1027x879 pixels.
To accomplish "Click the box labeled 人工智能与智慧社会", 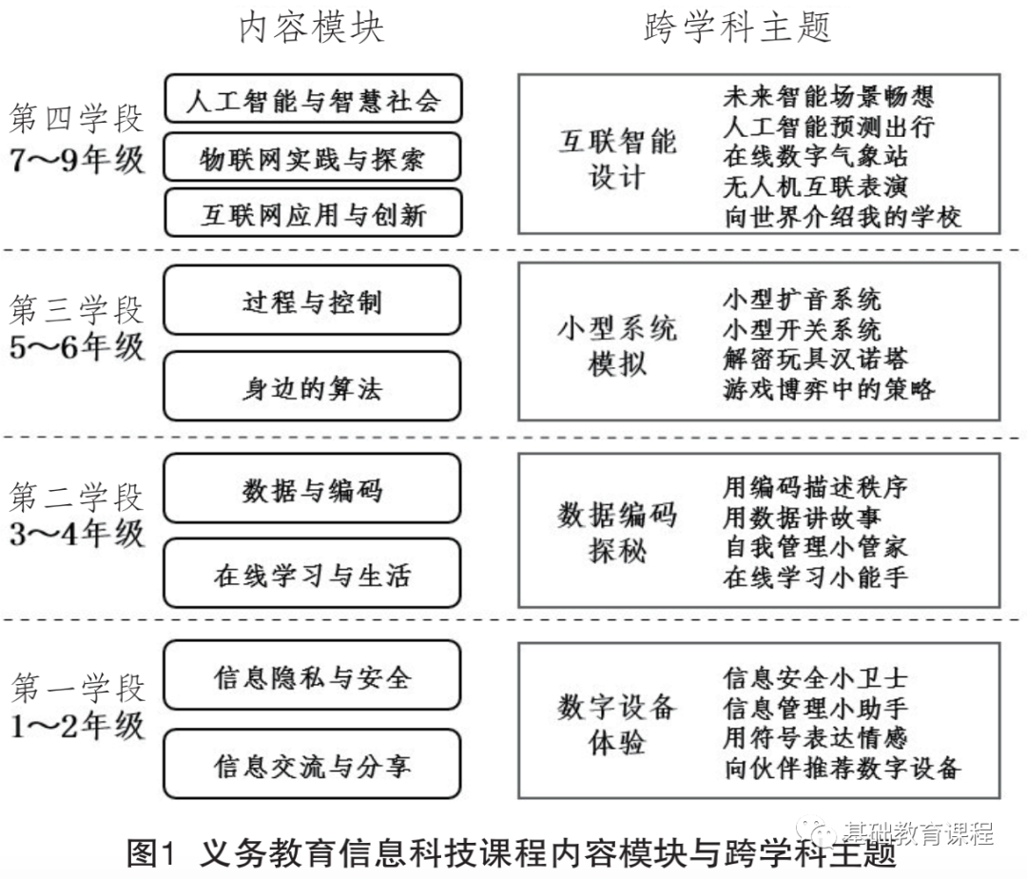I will click(313, 100).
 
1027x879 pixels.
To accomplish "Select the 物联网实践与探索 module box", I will click(313, 157).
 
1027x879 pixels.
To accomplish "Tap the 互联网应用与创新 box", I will click(313, 213).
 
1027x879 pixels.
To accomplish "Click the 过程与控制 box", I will click(313, 301).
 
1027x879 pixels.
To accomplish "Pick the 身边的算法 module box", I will click(313, 387).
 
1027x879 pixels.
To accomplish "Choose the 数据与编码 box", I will click(313, 489).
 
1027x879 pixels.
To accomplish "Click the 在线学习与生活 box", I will click(313, 575).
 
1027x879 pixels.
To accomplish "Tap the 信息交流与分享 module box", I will click(313, 764).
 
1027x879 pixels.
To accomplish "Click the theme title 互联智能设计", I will click(617, 158).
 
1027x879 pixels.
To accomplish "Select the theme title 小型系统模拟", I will click(617, 345).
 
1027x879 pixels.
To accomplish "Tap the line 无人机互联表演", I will click(815, 186).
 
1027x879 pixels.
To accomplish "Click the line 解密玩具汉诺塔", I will click(815, 359).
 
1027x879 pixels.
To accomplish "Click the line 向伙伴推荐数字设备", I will click(842, 768).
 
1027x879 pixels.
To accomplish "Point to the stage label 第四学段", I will click(76, 119).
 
